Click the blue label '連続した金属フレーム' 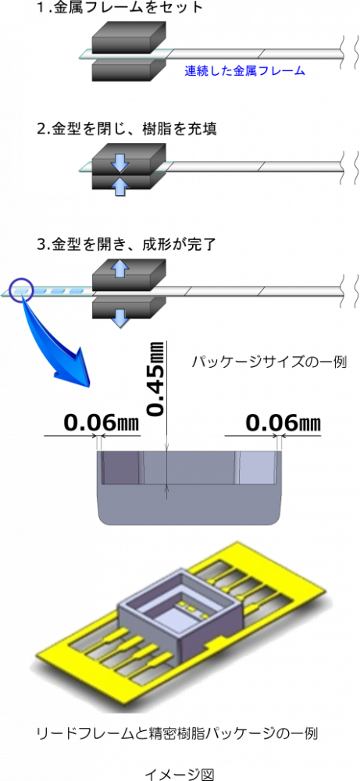tap(244, 71)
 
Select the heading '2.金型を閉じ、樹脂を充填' tap(127, 129)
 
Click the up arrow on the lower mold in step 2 tap(120, 187)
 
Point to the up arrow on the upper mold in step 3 tap(120, 269)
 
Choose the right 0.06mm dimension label tap(283, 423)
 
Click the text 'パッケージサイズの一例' tap(269, 361)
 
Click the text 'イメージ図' tap(180, 774)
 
